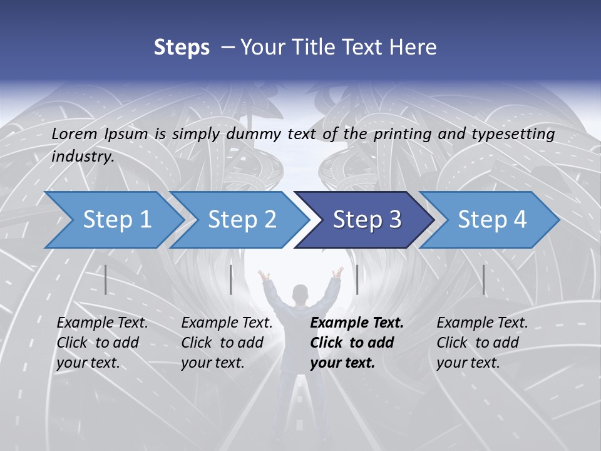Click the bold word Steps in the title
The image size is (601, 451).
182,47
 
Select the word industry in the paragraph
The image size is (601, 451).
83,157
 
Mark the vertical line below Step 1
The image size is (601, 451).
106,279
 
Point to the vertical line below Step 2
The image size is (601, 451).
231,279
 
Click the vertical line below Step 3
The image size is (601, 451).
357,279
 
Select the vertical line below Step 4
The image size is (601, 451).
483,279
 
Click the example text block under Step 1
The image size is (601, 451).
102,343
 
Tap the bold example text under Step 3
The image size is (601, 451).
356,343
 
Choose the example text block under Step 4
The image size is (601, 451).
482,343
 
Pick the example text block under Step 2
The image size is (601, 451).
227,343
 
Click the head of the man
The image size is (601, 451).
301,294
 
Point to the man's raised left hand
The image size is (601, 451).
262,274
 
